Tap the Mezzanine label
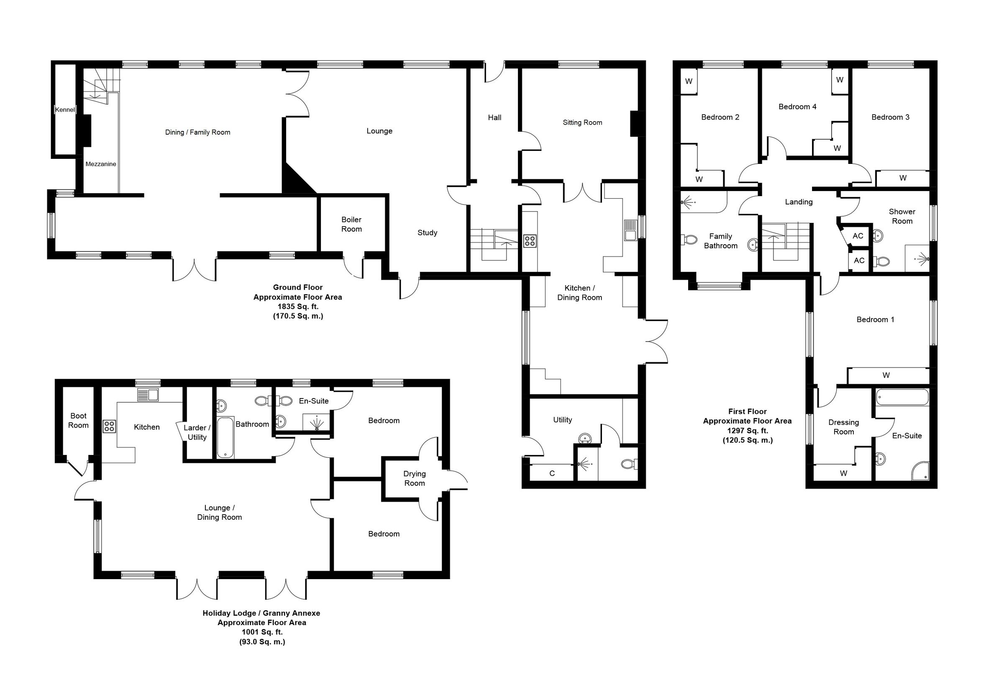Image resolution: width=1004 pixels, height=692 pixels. [101, 164]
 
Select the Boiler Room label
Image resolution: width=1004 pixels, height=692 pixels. [351, 224]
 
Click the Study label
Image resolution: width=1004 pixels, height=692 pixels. [427, 233]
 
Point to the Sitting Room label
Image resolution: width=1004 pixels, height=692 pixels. [582, 123]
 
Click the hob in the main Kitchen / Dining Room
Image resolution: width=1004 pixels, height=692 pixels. [530, 241]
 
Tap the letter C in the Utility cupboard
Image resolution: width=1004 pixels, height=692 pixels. [552, 473]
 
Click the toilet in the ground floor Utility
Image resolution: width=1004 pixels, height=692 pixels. [629, 465]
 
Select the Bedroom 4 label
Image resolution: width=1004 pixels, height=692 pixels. [797, 107]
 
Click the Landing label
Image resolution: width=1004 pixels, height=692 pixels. [799, 202]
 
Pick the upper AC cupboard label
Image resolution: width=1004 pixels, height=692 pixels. [858, 236]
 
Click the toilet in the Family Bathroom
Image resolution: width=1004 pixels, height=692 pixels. [689, 239]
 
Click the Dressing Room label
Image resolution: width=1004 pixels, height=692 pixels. [843, 427]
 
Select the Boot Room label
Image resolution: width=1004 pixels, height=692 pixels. [79, 421]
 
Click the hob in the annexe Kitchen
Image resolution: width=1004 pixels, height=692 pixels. [109, 426]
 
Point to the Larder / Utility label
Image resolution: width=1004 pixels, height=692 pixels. [197, 433]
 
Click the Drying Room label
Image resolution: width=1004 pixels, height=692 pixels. [415, 479]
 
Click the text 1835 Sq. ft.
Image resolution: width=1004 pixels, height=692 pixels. [298, 306]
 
